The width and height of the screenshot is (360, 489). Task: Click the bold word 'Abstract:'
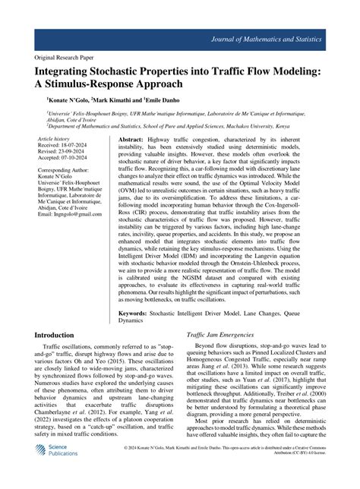(131, 140)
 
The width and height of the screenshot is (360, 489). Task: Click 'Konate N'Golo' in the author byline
(69, 99)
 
